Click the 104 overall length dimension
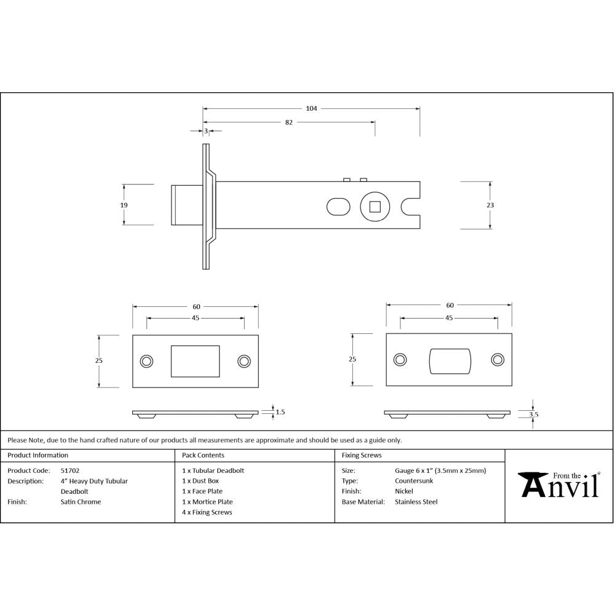click(x=311, y=108)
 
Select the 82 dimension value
click(x=288, y=122)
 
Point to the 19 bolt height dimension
click(x=124, y=205)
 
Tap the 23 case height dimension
click(x=490, y=205)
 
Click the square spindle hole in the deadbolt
click(x=375, y=206)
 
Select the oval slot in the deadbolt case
click(x=337, y=206)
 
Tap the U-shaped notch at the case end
click(x=411, y=206)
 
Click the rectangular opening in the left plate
click(x=195, y=361)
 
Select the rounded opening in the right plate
click(x=449, y=361)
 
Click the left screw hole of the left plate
click(x=146, y=361)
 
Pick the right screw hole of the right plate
click(x=497, y=360)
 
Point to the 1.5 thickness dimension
click(x=280, y=412)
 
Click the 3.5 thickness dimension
click(x=533, y=415)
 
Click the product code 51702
click(x=69, y=470)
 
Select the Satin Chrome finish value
click(x=81, y=502)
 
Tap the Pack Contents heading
click(x=203, y=455)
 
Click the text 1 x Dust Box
click(x=200, y=481)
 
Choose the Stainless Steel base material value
click(x=416, y=502)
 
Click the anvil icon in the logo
click(x=532, y=484)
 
